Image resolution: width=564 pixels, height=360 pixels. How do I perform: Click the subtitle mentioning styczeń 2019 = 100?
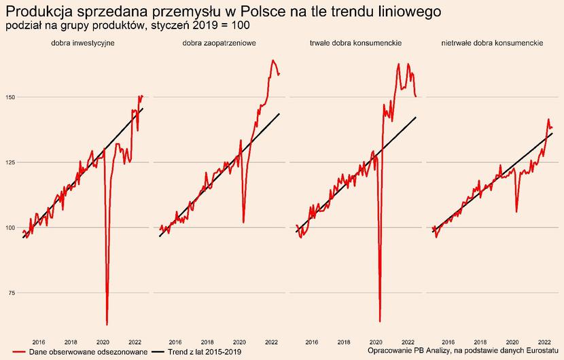128,26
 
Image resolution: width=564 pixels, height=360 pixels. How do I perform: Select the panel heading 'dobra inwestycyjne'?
82,43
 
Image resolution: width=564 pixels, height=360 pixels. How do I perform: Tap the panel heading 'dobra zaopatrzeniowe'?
219,43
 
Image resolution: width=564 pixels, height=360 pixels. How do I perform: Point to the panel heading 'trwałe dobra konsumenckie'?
355,43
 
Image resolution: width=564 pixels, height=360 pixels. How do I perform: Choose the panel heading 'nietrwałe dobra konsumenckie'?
492,43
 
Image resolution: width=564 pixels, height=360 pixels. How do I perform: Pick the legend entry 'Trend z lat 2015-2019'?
204,351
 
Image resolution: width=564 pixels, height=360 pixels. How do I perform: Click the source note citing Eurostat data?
463,350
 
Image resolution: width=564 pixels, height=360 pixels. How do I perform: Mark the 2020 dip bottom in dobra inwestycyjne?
107,324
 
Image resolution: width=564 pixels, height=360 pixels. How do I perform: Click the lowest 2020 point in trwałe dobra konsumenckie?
380,321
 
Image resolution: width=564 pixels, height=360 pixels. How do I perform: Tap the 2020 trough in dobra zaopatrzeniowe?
244,222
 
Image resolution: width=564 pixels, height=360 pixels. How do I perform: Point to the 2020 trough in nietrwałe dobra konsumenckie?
516,212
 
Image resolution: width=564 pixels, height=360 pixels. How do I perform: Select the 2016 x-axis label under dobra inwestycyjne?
39,342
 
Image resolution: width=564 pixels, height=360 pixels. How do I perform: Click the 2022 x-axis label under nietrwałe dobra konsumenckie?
544,342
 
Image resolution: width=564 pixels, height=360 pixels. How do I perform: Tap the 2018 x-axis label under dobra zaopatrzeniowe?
207,342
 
